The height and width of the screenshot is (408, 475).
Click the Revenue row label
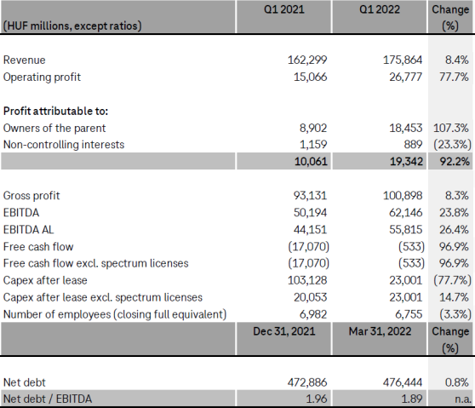point(25,60)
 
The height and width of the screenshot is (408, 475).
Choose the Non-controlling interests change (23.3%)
point(450,145)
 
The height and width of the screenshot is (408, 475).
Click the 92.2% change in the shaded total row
point(454,160)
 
